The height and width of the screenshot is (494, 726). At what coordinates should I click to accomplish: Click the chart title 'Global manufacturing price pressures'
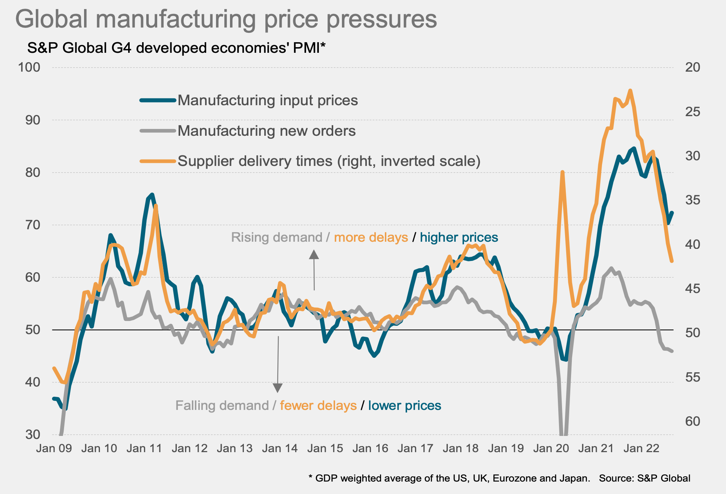coord(226,19)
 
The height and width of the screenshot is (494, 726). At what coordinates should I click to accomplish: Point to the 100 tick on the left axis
coord(29,67)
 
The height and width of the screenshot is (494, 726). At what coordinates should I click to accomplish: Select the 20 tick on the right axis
coord(692,67)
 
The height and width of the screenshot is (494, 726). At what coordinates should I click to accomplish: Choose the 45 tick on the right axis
coord(692,289)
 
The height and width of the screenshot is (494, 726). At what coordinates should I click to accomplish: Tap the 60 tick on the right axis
coord(692,421)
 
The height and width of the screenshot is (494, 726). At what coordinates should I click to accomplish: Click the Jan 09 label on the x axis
coord(54,448)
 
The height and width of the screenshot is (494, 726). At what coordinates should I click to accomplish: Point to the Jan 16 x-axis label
coord(370,448)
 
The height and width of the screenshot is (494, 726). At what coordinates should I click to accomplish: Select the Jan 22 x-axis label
coord(641,448)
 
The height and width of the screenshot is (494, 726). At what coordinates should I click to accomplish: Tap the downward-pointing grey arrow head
coord(278,388)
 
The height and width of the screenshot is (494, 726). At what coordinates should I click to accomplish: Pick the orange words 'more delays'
coord(371,237)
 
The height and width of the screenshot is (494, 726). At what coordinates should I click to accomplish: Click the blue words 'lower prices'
coord(404,405)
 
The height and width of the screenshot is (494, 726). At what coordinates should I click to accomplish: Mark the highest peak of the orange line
coord(630,91)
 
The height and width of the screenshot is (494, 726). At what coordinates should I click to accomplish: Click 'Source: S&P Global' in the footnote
coord(645,478)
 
